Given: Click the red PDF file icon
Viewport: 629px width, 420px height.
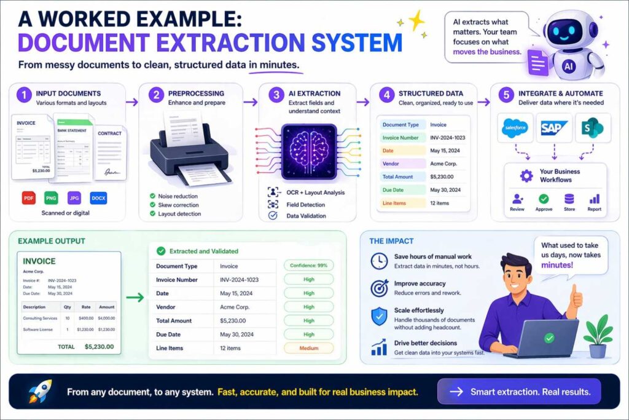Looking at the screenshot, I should (x=28, y=198).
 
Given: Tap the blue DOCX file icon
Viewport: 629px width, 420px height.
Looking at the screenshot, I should (x=98, y=198).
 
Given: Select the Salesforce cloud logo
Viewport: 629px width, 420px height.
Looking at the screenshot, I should (x=515, y=128).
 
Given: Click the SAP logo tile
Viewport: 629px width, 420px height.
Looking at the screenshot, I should (x=554, y=128).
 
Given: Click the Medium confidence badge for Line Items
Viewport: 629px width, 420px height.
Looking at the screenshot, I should (x=308, y=348).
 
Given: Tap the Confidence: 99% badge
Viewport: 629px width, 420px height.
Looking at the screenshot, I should (x=308, y=266).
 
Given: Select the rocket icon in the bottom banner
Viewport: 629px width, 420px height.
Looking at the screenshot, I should (x=39, y=391).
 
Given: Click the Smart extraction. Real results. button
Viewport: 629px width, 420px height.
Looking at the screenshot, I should (x=519, y=391).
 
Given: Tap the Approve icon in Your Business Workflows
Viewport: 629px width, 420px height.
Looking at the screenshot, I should (x=543, y=199).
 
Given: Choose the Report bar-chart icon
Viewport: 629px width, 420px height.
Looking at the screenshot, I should (x=594, y=199).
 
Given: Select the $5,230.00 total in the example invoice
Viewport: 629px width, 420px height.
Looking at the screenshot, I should (x=99, y=347).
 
